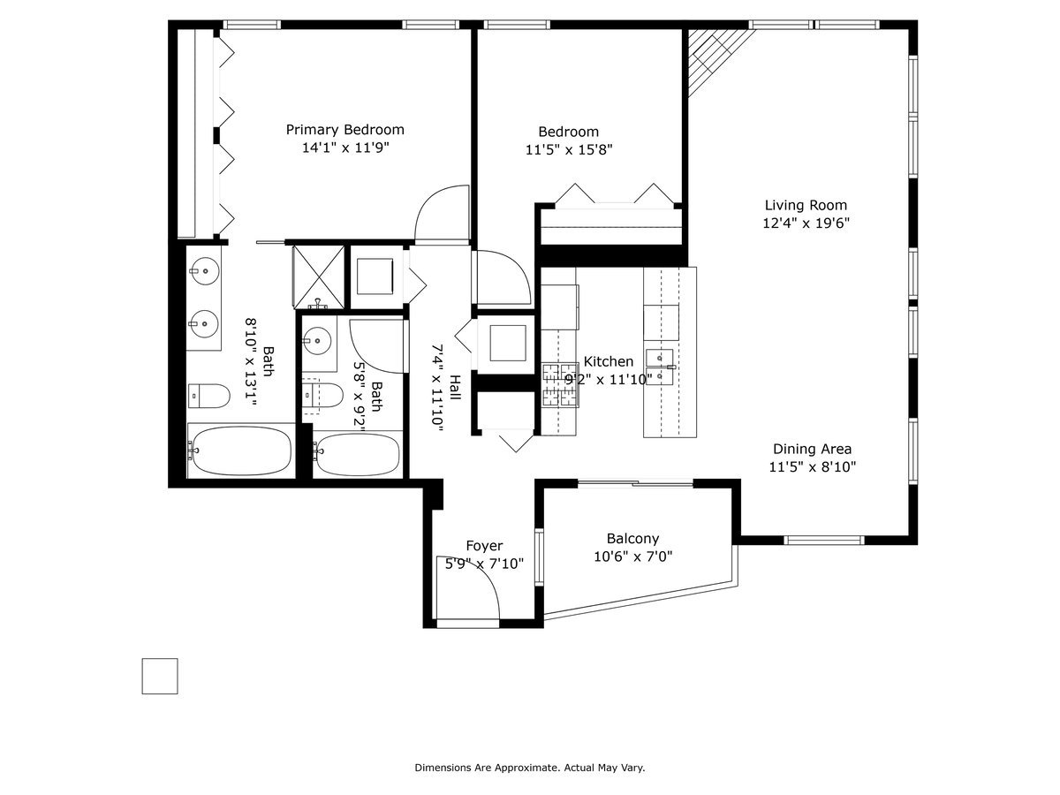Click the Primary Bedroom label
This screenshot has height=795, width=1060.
[x=344, y=130]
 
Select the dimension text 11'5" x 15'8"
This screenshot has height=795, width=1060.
[x=569, y=149]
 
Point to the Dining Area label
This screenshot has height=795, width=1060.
[x=812, y=449]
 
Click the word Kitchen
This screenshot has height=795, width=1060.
[x=608, y=361]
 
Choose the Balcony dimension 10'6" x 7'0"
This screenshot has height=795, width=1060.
[x=632, y=556]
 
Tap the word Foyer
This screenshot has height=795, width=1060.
[x=484, y=546]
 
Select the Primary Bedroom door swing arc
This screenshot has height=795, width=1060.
[x=442, y=212]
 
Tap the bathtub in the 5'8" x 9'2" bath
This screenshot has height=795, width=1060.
[x=358, y=455]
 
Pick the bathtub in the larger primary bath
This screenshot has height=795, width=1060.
[x=238, y=450]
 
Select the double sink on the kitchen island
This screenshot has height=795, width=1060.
[x=660, y=368]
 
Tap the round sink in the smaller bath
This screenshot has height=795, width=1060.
[x=317, y=340]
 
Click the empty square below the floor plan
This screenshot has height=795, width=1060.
[x=160, y=676]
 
